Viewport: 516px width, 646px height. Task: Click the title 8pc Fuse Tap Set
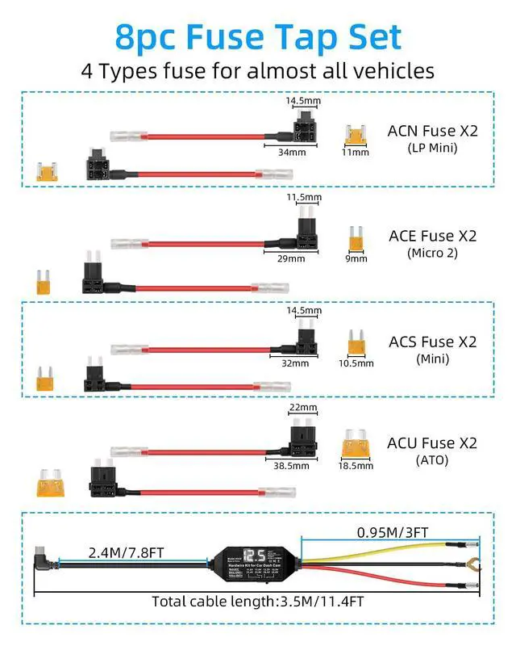[258, 36]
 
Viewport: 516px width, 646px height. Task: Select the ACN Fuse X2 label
[433, 130]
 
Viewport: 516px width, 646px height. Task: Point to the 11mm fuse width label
[355, 152]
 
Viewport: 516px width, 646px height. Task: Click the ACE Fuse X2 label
[433, 236]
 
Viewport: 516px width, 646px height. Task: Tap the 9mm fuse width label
[356, 259]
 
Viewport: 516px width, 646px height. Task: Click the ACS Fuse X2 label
[433, 342]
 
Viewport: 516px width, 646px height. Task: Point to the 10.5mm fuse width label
[356, 363]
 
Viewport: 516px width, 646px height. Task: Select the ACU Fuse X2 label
[433, 443]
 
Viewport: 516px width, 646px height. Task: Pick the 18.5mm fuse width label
[355, 466]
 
